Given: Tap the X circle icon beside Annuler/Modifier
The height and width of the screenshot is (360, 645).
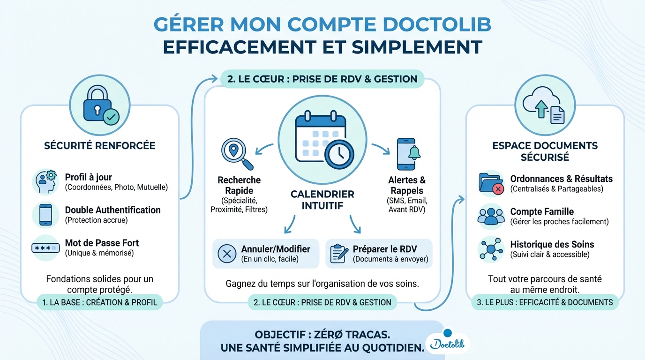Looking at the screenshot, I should [x=227, y=254].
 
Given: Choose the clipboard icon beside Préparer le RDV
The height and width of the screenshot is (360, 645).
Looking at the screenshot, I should [x=339, y=254].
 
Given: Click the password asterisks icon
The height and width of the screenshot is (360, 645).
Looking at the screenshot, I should [x=45, y=247].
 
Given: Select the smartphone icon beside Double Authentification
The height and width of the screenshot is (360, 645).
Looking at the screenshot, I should [x=45, y=215].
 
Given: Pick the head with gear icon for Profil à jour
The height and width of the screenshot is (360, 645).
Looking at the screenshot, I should [x=46, y=181].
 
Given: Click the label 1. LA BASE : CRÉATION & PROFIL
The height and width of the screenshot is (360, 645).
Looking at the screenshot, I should [x=100, y=302].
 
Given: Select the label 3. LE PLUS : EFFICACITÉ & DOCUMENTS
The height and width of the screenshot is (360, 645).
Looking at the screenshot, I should [x=545, y=302].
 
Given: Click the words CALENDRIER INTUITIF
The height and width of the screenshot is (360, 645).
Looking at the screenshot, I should [x=322, y=200].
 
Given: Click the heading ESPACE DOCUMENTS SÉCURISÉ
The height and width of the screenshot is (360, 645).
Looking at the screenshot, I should [x=545, y=151].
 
